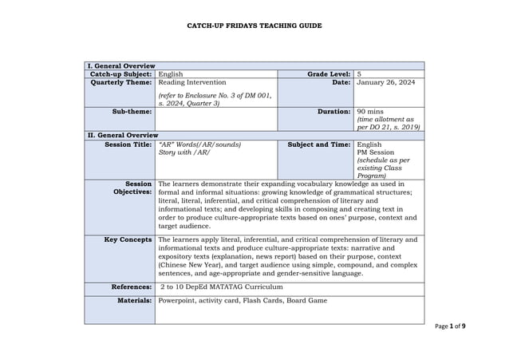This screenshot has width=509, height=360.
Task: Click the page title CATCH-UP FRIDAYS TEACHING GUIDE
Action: pyautogui.click(x=254, y=26)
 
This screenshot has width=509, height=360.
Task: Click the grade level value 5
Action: pyautogui.click(x=360, y=73)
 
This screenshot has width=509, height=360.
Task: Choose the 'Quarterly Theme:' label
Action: pyautogui.click(x=122, y=81)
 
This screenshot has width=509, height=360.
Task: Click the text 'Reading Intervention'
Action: pyautogui.click(x=192, y=81)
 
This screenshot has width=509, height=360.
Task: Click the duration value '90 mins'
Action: pyautogui.click(x=371, y=112)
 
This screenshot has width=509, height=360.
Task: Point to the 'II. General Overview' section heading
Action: pyautogui.click(x=122, y=136)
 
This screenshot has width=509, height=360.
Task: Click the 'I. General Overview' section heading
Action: pyautogui.click(x=120, y=65)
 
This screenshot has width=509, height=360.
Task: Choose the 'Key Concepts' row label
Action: pyautogui.click(x=128, y=239)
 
